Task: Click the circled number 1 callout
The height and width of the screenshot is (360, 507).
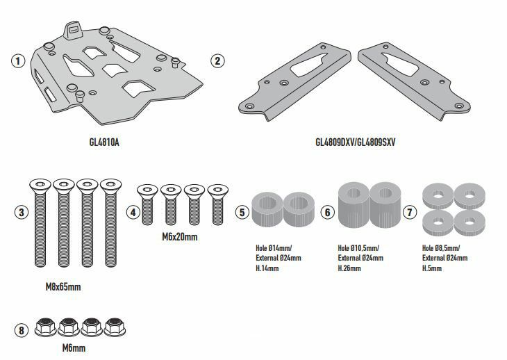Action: tap(18, 60)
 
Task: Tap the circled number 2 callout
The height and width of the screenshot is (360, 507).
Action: tap(217, 60)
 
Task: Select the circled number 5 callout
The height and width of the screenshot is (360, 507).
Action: tap(242, 213)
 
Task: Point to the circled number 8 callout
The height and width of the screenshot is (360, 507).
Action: tap(22, 331)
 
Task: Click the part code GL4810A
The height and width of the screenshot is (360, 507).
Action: tap(104, 142)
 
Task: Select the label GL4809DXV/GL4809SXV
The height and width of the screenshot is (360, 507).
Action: tap(356, 142)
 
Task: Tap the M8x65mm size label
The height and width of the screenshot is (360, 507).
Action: tap(63, 287)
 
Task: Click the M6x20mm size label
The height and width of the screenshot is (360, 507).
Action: tap(179, 237)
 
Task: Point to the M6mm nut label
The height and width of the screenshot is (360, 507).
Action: tap(74, 348)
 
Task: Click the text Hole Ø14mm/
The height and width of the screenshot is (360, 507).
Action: tap(274, 248)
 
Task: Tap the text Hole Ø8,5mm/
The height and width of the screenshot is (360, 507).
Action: tap(441, 248)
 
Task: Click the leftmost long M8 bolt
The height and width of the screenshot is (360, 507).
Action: tap(40, 223)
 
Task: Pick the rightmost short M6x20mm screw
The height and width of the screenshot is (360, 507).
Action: tap(217, 205)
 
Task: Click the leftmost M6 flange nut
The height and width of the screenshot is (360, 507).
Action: tap(45, 327)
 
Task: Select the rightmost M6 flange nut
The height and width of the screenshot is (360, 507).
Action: tap(115, 327)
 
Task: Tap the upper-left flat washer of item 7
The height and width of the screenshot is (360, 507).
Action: tap(438, 196)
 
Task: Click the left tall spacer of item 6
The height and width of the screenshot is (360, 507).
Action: tap(354, 205)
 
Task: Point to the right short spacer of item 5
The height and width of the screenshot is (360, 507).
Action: tap(299, 209)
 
